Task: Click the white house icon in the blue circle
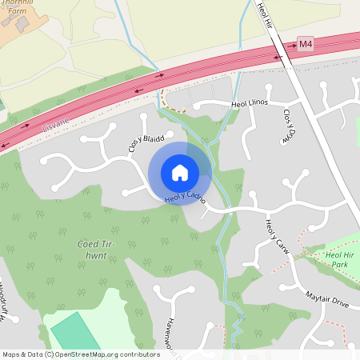click(180, 173)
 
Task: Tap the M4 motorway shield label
click(305, 42)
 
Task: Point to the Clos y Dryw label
click(287, 126)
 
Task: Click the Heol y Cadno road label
click(186, 196)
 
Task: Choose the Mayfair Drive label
click(327, 302)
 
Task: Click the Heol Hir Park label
click(338, 258)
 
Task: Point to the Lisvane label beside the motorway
click(56, 122)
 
